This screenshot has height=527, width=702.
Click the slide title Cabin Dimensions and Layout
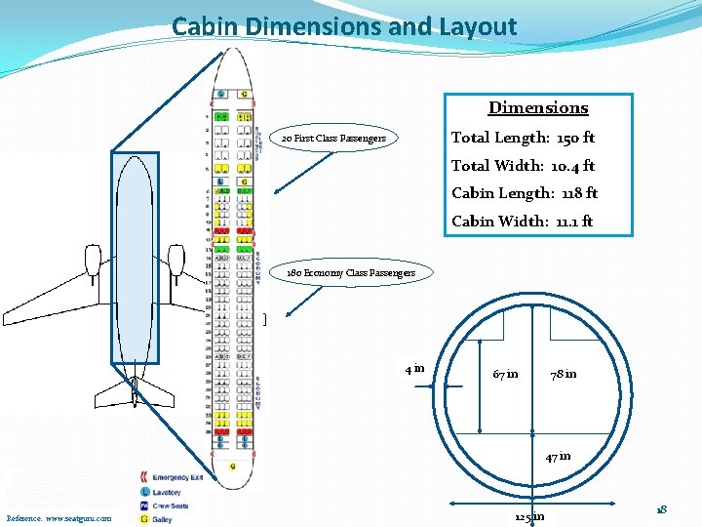coord(344,26)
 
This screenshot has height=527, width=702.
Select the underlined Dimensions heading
coord(538,107)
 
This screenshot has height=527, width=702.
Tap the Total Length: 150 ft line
coord(523,138)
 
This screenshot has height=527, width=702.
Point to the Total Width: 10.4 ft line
coord(523,166)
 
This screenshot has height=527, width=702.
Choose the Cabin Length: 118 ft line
coord(525,193)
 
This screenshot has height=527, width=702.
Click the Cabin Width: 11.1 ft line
coord(522,222)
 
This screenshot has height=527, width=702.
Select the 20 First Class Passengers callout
coord(333,139)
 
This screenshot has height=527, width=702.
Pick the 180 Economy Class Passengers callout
coord(350,273)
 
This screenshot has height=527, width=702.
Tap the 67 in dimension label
coord(506,374)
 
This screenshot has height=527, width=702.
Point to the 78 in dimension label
coord(564,374)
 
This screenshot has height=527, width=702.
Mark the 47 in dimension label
coord(559,456)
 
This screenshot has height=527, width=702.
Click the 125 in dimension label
coord(529,516)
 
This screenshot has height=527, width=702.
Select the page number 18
coord(661,509)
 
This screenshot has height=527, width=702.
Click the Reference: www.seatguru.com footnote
coord(58,518)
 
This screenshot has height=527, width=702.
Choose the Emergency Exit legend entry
coord(176,478)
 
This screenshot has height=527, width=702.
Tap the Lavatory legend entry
coord(167,492)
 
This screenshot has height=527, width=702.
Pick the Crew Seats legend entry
coord(170,506)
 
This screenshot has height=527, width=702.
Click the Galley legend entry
coord(162,519)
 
